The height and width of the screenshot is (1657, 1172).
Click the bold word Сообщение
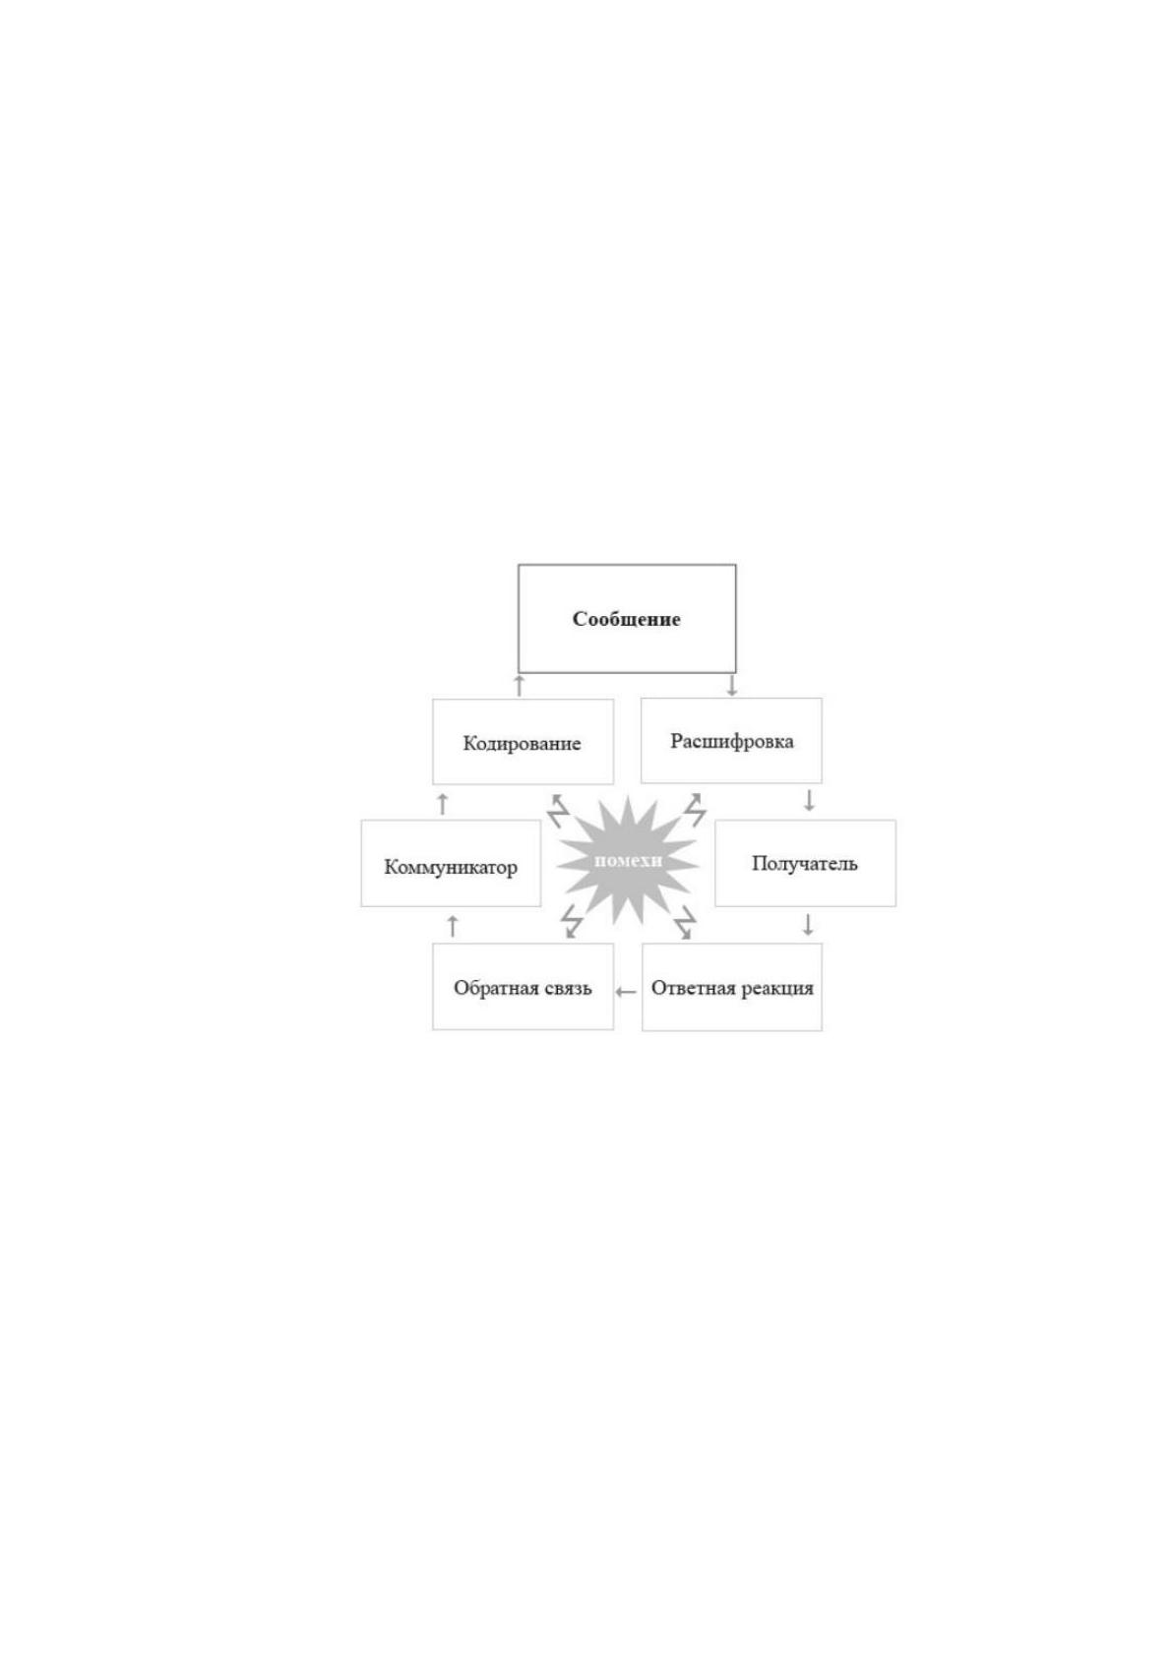[x=626, y=619]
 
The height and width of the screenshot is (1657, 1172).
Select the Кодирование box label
[x=522, y=744]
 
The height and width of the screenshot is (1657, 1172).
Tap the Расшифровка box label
[x=732, y=741]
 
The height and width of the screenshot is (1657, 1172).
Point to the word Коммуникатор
[x=451, y=867]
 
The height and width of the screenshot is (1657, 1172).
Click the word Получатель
[x=804, y=863]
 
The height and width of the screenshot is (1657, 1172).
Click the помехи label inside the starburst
[x=628, y=861]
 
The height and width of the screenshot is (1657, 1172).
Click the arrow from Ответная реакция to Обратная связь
[x=627, y=991]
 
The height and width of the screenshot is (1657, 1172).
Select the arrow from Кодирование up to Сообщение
[x=520, y=685]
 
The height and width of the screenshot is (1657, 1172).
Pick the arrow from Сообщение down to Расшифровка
[x=732, y=685]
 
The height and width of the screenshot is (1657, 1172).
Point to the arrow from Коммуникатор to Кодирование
[x=443, y=803]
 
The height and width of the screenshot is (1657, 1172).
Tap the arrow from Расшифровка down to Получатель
[x=809, y=800]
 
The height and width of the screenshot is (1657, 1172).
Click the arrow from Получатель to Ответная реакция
[x=808, y=925]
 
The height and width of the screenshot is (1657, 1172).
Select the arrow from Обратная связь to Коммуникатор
[x=454, y=926]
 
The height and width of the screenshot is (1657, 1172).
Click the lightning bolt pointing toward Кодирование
[x=559, y=811]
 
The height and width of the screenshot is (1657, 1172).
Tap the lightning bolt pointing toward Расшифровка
[x=695, y=810]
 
